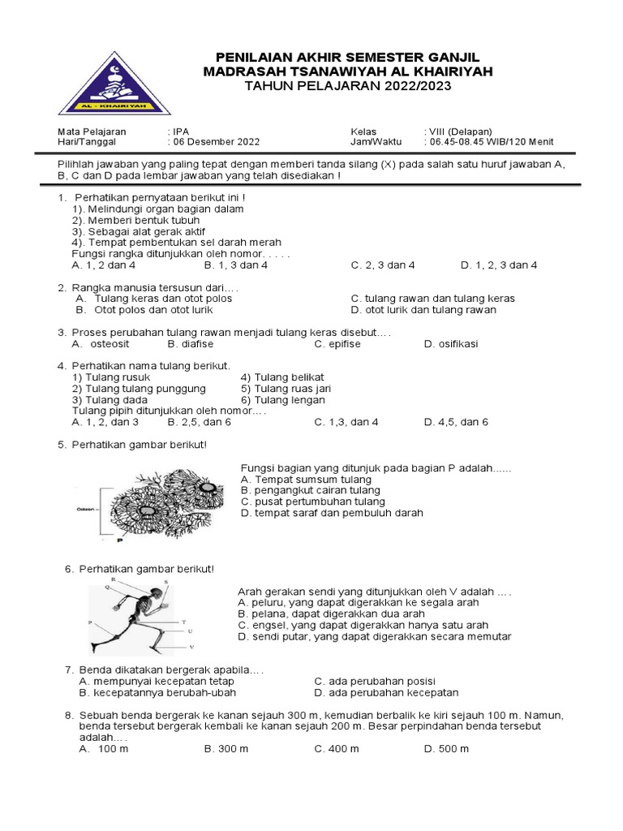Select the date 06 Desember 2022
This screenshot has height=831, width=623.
pos(215,141)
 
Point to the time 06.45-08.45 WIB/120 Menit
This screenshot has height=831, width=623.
pos(489,141)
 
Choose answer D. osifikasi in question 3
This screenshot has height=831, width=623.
pos(451,343)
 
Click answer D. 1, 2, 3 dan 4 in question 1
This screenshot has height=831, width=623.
pos(499,265)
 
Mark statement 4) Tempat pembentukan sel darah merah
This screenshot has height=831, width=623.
pos(176,242)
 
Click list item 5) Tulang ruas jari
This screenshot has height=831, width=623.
pos(286,389)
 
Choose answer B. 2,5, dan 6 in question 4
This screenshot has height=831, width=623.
pos(200,422)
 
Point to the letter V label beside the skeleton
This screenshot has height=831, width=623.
pos(191,647)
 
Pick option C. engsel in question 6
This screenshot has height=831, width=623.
pos(363,626)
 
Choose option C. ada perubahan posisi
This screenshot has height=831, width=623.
pos(375,681)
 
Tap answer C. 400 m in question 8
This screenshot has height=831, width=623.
pos(337,748)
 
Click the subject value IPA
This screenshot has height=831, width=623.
pos(176,131)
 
